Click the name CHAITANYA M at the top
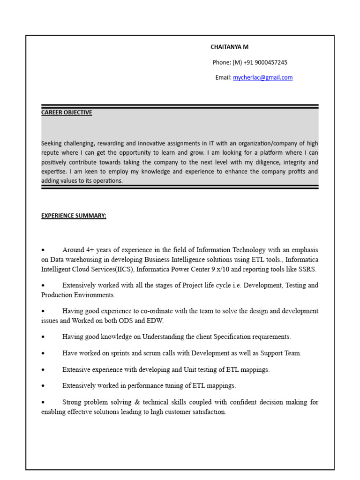tap(230, 47)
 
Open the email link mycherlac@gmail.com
tap(262, 78)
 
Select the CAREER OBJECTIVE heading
tap(67, 112)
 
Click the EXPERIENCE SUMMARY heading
tap(74, 216)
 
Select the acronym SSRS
tap(307, 269)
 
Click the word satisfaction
tap(209, 412)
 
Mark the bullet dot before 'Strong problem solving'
tap(43, 403)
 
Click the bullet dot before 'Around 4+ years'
tap(43, 250)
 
